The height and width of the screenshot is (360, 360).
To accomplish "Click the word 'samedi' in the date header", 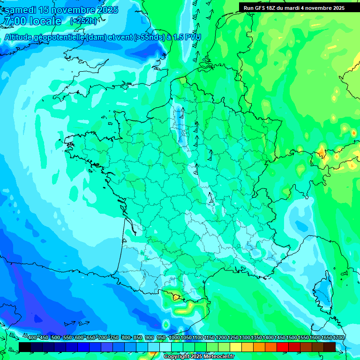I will tap(20, 10).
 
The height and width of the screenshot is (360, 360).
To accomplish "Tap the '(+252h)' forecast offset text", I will tap(83, 21).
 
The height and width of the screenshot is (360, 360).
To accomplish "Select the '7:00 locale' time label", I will tap(32, 21).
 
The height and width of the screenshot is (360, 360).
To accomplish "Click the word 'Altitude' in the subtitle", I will tap(20, 37).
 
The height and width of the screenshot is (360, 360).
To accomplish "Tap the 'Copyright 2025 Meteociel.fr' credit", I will tap(199, 357).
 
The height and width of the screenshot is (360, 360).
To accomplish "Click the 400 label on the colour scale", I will tap(32, 337).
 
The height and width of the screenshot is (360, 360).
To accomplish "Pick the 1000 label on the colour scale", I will tap(174, 337).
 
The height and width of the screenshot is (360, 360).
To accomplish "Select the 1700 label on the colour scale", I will tap(338, 337).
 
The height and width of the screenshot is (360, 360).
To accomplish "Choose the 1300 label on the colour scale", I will tap(245, 337).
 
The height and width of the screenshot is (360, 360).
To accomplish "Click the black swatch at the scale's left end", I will tap(25, 347).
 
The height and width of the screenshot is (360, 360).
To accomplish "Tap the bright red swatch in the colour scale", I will tap(283, 347).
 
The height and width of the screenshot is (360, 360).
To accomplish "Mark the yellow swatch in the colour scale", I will tap(236, 347).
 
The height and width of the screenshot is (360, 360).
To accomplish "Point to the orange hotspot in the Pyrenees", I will tap(176, 296).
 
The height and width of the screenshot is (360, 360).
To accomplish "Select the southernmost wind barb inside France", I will tap(211, 199).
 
